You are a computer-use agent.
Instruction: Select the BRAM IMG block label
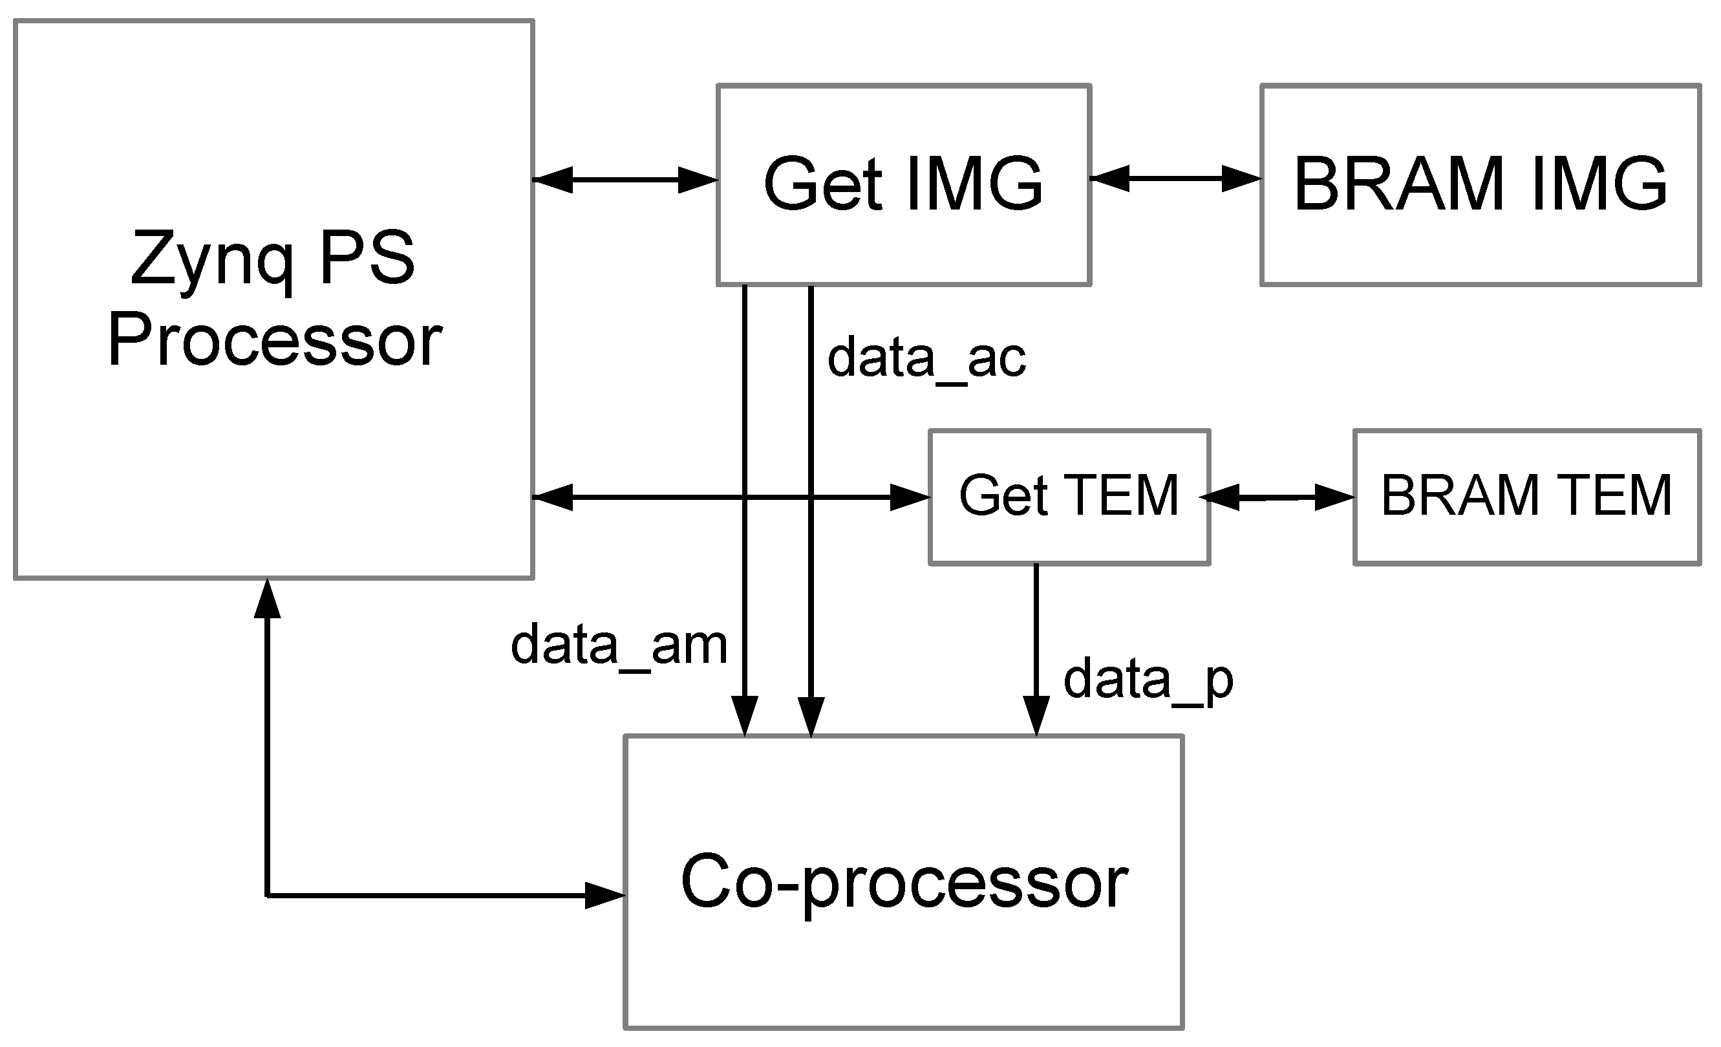tap(1480, 184)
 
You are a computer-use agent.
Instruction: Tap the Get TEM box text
tap(1069, 496)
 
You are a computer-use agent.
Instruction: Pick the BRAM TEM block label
tap(1527, 496)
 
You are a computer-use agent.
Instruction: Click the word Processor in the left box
tap(275, 341)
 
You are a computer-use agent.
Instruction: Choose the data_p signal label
tap(1148, 680)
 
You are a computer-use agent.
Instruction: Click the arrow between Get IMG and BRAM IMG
tap(1175, 178)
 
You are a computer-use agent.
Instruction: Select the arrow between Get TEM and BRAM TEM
tap(1277, 498)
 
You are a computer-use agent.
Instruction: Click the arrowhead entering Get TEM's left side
tap(910, 497)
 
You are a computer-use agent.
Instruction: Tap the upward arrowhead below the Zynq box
tap(268, 599)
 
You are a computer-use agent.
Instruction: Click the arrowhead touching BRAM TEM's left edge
tap(1334, 498)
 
